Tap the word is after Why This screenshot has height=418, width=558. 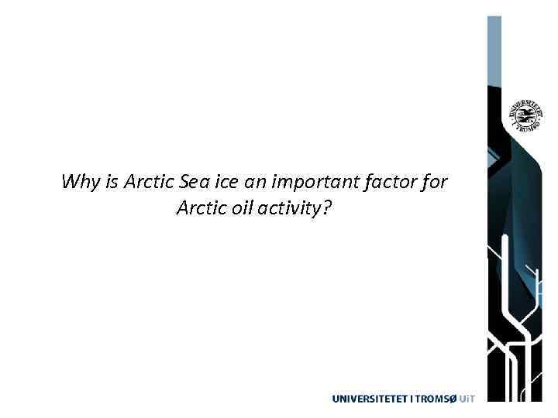click(x=111, y=183)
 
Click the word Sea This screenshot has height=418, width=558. click(x=192, y=183)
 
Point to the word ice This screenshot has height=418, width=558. click(x=225, y=183)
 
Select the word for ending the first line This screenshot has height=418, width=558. click(x=434, y=183)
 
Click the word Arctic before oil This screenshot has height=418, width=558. click(x=201, y=207)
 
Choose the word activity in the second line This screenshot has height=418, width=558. click(x=291, y=208)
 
